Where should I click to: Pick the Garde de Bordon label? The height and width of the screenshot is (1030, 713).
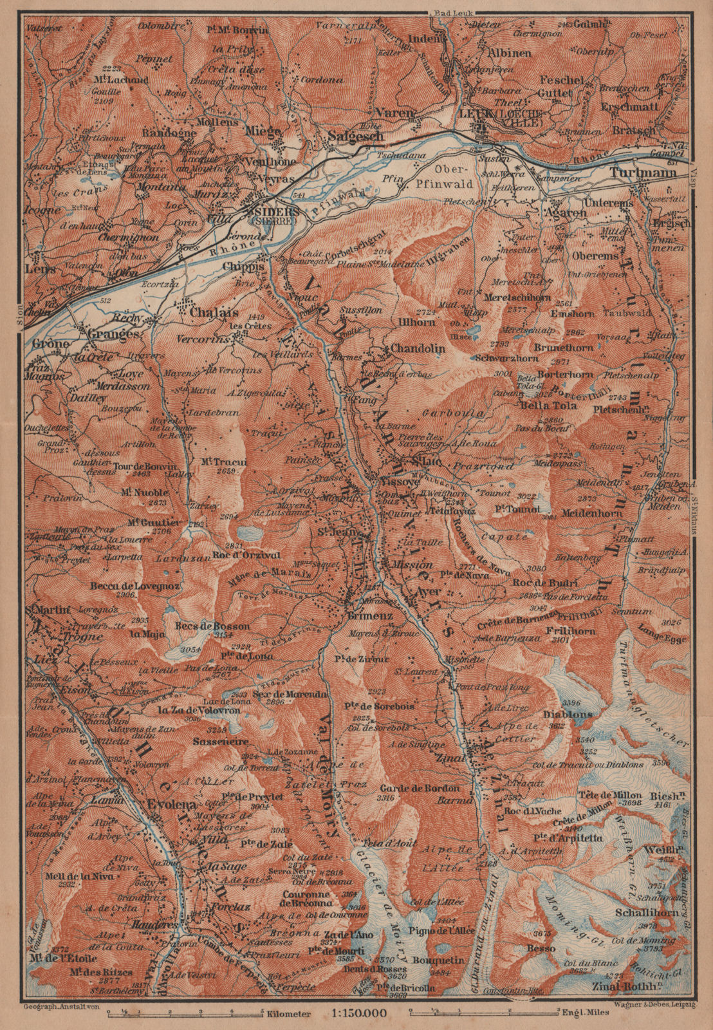click(x=420, y=789)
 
